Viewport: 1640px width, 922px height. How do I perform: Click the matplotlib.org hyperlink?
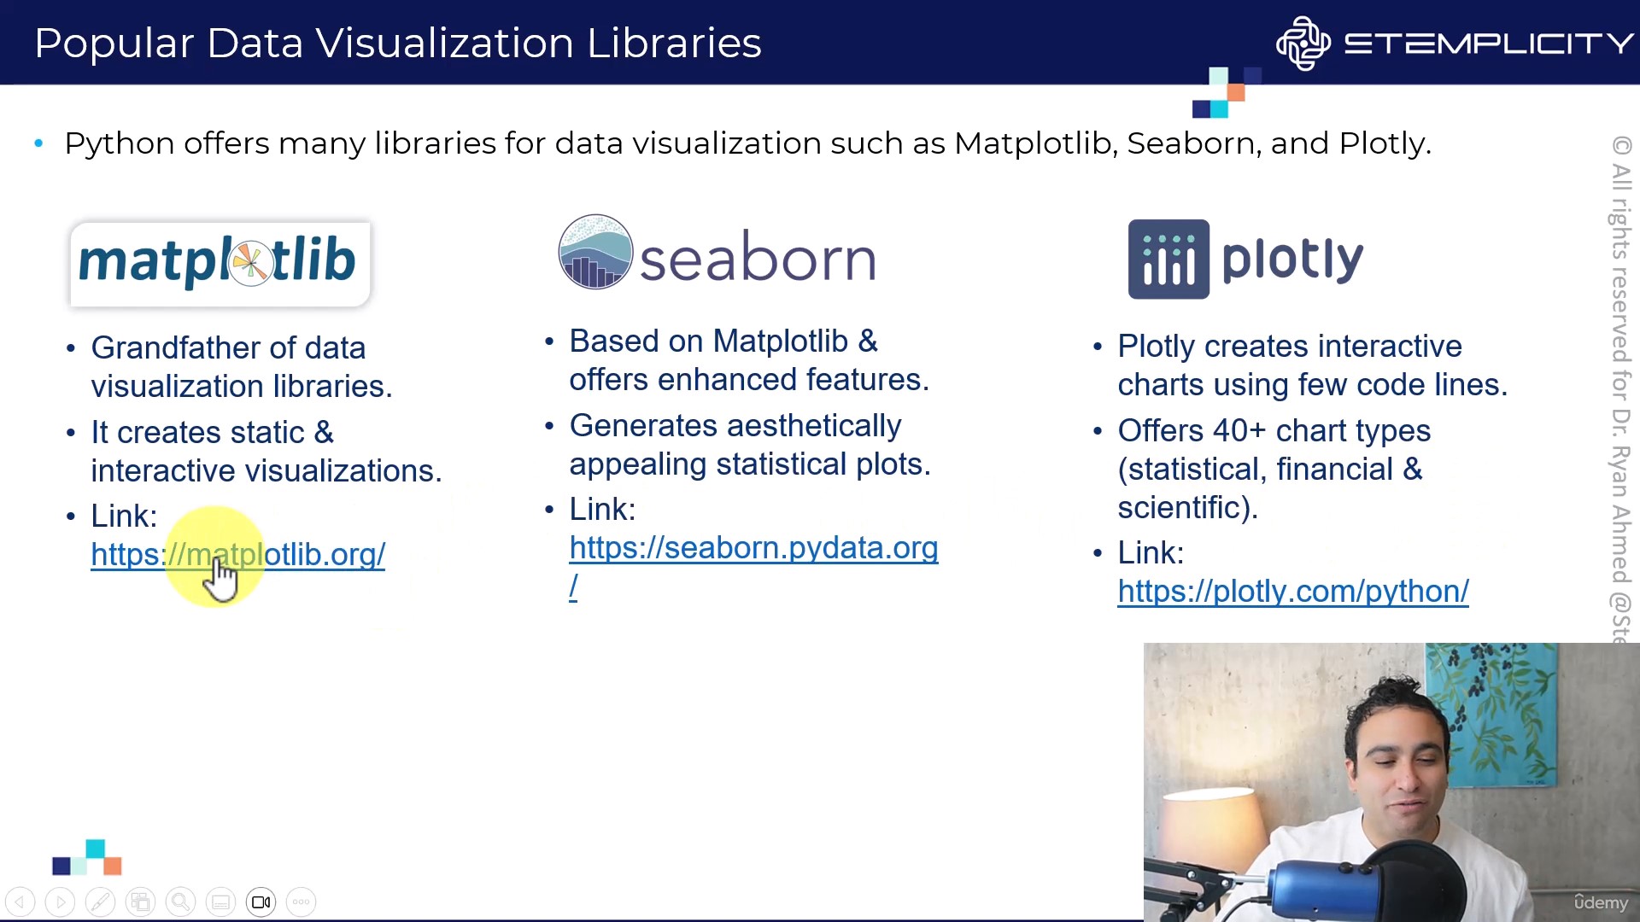pyautogui.click(x=237, y=555)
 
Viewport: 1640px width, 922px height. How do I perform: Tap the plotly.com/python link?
pyautogui.click(x=1293, y=592)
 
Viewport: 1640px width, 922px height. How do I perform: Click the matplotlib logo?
pyautogui.click(x=220, y=263)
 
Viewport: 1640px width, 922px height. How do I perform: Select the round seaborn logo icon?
pyautogui.click(x=595, y=252)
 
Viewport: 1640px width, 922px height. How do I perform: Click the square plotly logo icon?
pyautogui.click(x=1168, y=260)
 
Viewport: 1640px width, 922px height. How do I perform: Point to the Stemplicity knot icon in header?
pyautogui.click(x=1303, y=43)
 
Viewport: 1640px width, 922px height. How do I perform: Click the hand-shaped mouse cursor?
pyautogui.click(x=220, y=578)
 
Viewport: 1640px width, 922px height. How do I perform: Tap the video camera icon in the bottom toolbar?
pyautogui.click(x=261, y=902)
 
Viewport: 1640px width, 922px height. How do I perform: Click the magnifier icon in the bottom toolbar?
pyautogui.click(x=180, y=902)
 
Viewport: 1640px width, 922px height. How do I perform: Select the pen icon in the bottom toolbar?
pyautogui.click(x=100, y=902)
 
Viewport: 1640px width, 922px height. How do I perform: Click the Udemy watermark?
pyautogui.click(x=1601, y=902)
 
